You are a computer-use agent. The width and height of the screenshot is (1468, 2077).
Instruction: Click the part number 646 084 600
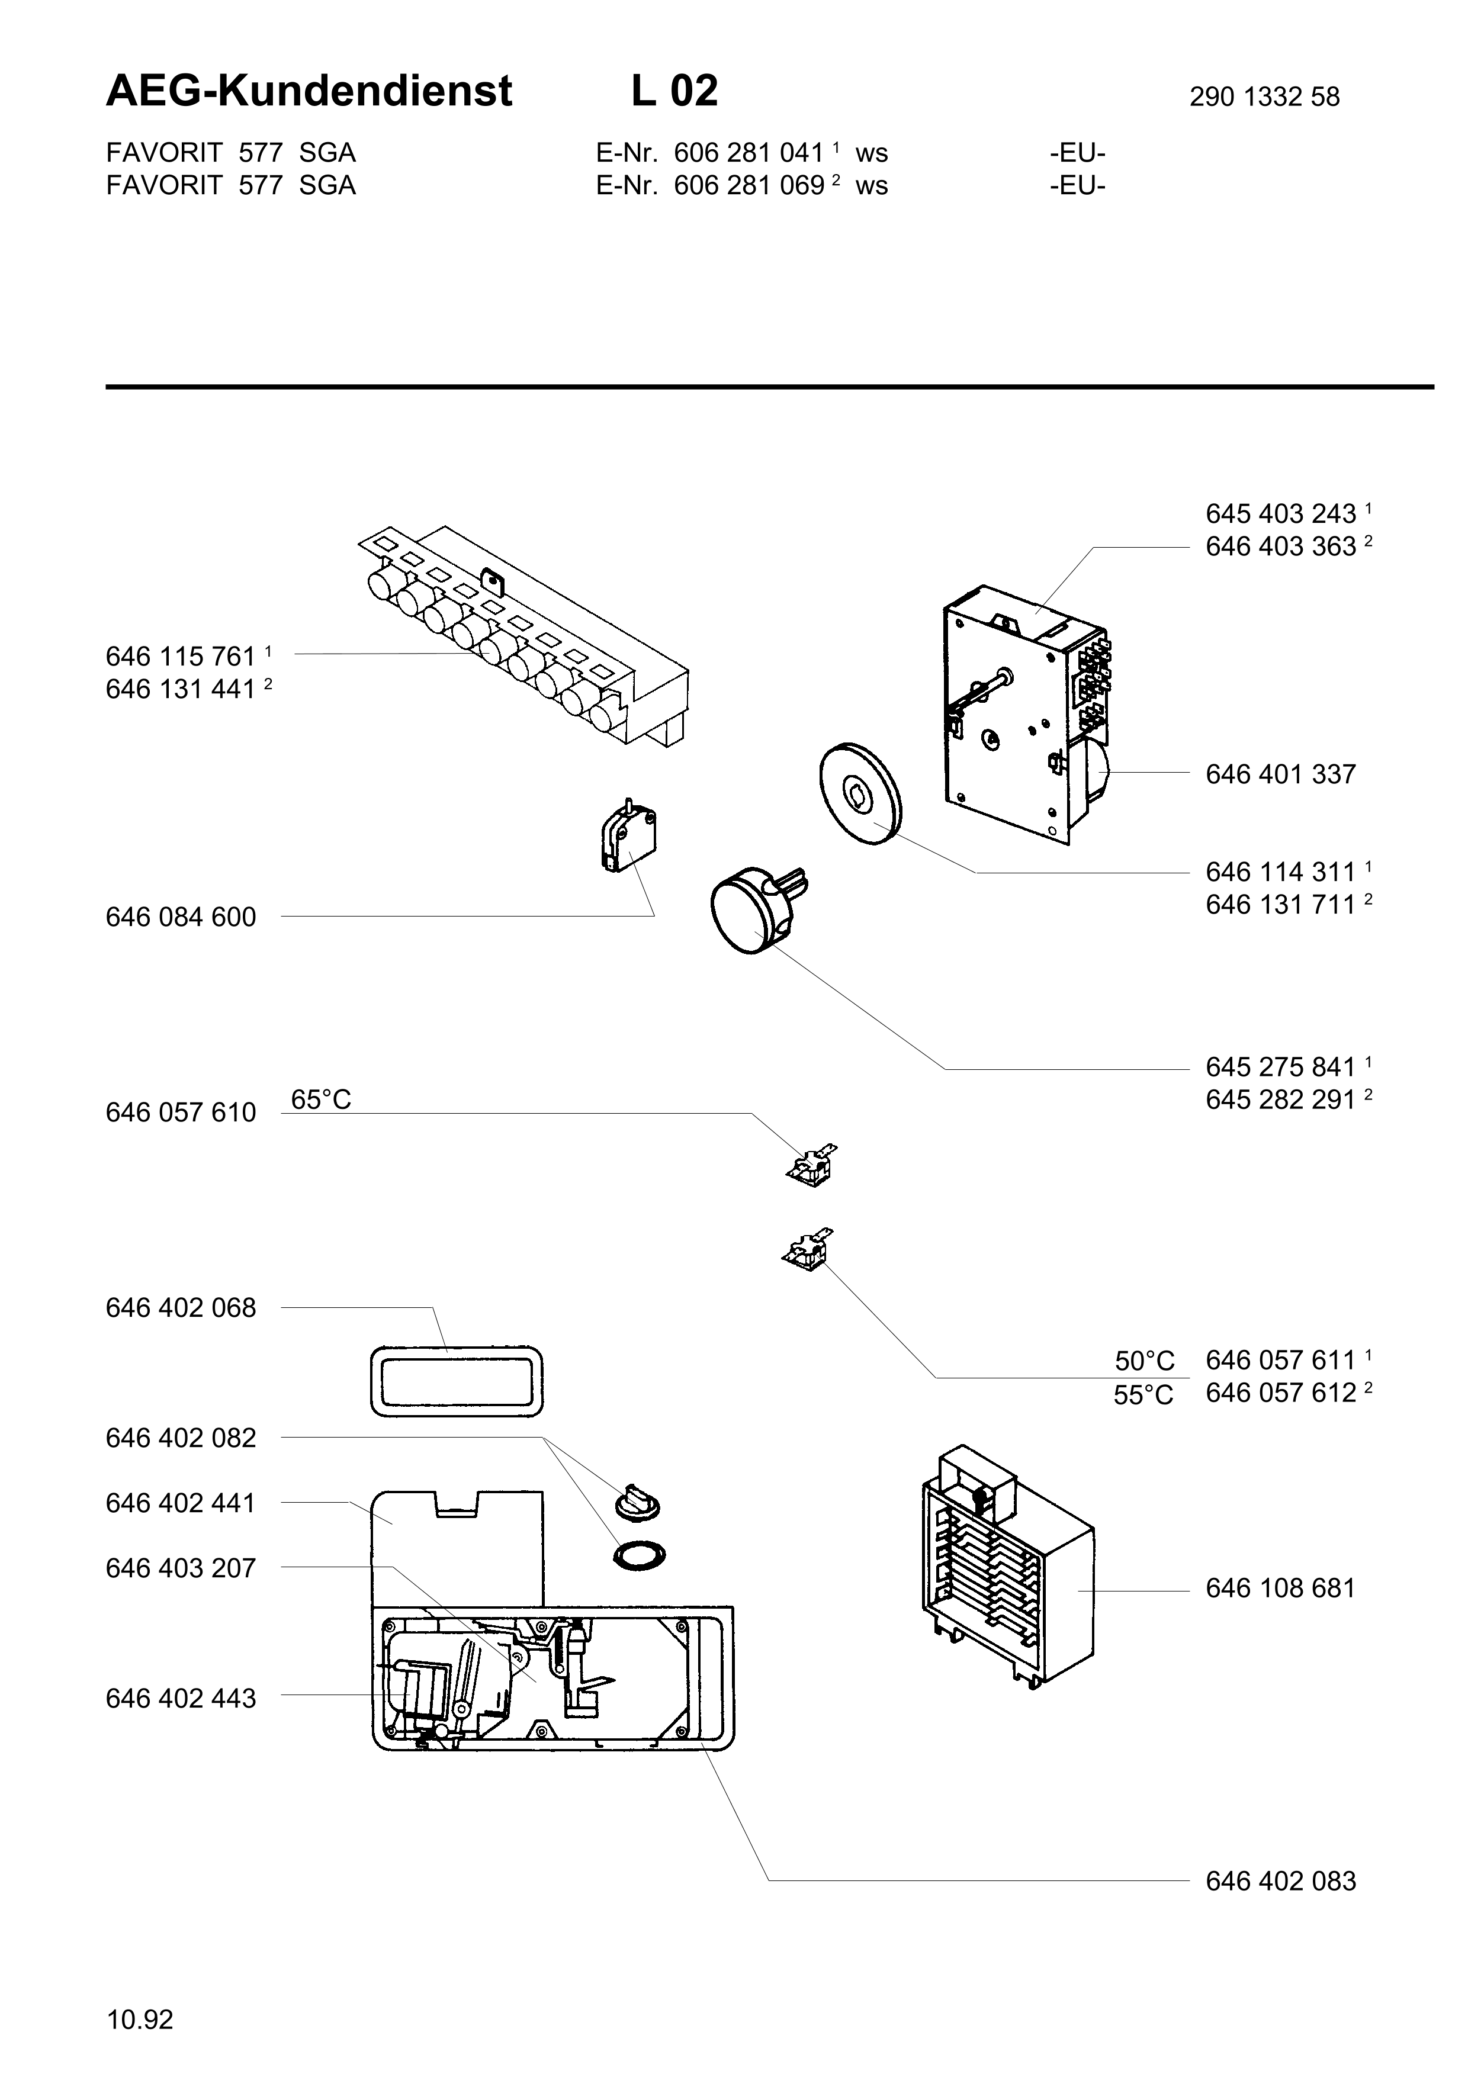tap(181, 917)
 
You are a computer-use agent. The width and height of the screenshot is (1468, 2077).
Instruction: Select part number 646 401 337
tap(1281, 774)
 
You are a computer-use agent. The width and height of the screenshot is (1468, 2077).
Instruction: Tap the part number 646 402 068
tap(181, 1308)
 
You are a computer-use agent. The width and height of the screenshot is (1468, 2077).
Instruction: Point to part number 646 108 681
tap(1281, 1589)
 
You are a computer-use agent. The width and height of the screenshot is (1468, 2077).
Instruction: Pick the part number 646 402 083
tap(1281, 1882)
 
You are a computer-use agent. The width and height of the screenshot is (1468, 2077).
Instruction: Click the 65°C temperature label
tap(321, 1099)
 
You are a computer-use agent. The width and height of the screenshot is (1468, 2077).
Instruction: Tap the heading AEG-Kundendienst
tap(309, 91)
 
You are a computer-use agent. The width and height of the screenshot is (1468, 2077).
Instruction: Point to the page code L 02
tap(674, 91)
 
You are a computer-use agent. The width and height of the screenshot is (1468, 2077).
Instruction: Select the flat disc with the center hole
tap(860, 794)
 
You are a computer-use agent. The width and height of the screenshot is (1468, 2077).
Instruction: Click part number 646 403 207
tap(181, 1568)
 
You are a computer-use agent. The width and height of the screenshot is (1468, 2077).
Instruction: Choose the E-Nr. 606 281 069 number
tap(749, 185)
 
